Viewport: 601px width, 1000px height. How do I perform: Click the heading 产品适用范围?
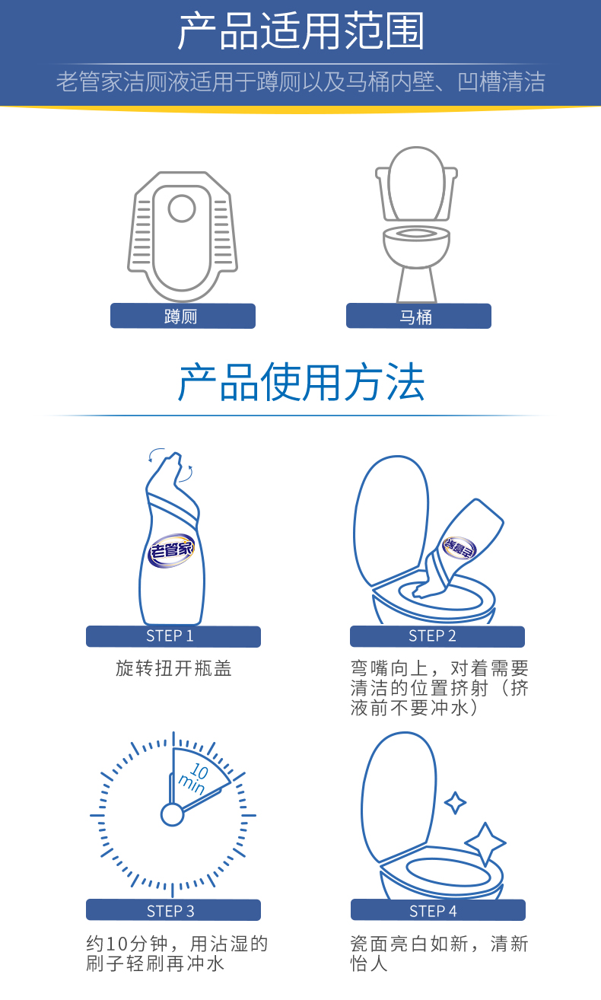coord(300,31)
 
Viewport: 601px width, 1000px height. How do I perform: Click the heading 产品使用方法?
coord(300,383)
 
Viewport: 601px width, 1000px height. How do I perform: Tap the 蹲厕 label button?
coord(183,316)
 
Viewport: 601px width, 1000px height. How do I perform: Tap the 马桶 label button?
coord(418,316)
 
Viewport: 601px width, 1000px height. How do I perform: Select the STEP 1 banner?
coord(173,636)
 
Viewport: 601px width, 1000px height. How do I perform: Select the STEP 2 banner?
coord(437,636)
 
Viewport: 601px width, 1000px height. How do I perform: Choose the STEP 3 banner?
coord(173,910)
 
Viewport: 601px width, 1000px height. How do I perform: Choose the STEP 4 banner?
coord(437,910)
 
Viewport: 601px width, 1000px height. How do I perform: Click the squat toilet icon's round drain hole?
coord(182,208)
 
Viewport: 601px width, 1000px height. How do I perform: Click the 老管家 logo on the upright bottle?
coord(172,549)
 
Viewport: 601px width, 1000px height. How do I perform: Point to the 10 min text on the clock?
coord(195,776)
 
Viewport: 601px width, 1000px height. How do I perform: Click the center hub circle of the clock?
coord(173,814)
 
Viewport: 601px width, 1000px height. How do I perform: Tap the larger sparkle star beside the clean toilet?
coord(485,843)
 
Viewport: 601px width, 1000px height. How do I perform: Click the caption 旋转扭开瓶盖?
coord(173,669)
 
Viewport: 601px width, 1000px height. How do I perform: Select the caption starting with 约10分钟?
coord(176,954)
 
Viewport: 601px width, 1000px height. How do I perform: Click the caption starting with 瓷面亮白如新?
coord(439,954)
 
